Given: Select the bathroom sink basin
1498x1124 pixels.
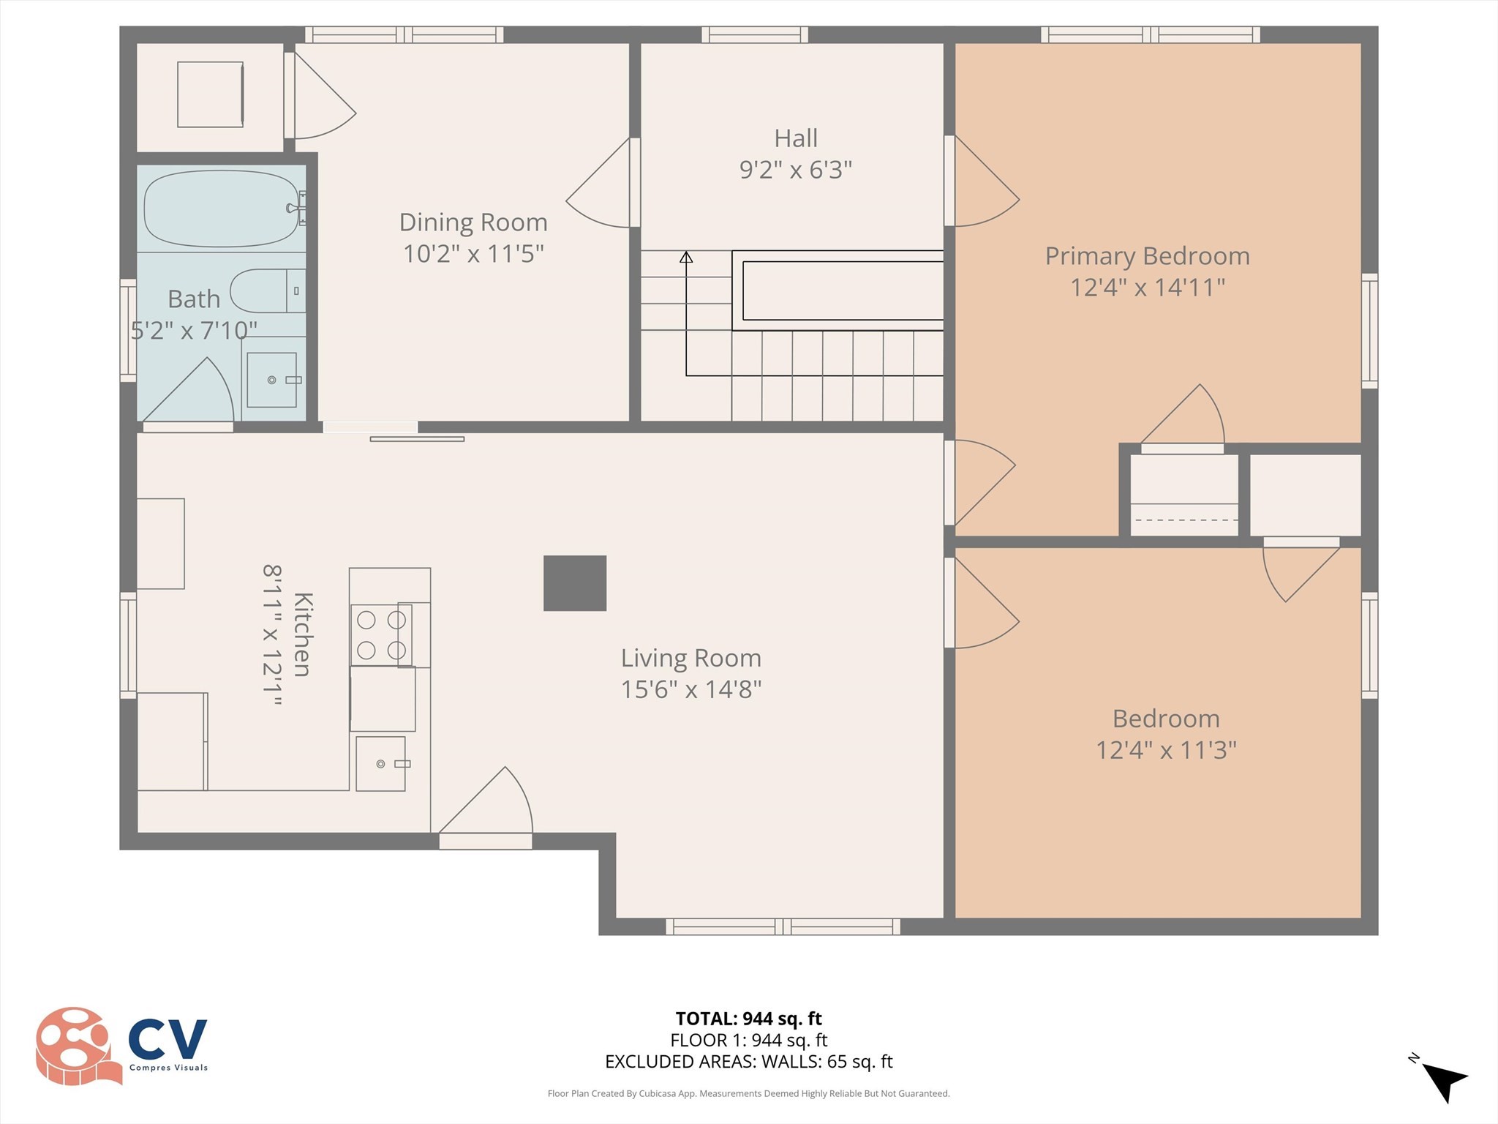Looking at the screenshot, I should [271, 380].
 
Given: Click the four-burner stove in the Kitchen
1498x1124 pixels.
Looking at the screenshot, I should [381, 635].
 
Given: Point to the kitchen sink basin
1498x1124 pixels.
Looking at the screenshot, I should [380, 764].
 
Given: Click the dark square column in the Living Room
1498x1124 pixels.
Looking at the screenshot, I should [575, 583].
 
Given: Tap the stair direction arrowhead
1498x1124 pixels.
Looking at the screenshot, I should [686, 258].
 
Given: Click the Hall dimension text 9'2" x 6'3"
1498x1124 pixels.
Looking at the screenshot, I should [796, 170].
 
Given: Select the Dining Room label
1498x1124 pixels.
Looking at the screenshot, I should [473, 222].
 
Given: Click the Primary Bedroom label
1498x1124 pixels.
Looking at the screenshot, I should [1147, 256].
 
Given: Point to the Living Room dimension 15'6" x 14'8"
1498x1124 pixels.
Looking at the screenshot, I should [691, 689].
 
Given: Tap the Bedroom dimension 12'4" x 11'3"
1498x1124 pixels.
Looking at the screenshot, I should [1166, 750].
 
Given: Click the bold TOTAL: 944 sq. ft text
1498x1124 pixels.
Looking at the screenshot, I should [748, 1019].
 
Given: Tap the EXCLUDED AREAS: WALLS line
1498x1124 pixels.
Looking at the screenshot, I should [748, 1062].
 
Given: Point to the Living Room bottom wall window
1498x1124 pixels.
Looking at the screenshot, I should [783, 927].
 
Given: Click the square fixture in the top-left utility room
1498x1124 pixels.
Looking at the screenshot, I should [210, 94].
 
